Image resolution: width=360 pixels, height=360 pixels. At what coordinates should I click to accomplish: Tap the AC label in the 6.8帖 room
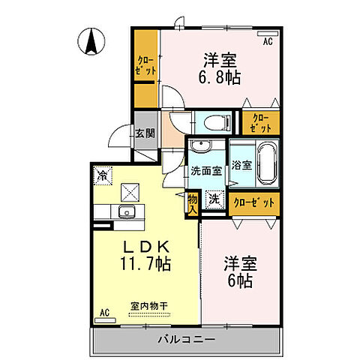coord(266,43)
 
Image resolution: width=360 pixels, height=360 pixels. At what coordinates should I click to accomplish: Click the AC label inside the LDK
coord(105,311)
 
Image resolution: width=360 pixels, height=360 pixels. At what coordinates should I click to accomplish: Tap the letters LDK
coord(144,246)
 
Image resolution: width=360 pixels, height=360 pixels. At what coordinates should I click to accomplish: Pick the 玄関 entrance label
coord(145,133)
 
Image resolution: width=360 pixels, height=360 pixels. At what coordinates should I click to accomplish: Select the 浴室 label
coord(241,164)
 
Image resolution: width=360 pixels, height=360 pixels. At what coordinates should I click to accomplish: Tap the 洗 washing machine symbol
coord(213,200)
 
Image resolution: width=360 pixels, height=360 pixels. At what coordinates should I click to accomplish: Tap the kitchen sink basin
coord(125,211)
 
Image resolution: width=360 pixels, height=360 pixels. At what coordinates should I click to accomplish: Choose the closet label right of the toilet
coord(259,121)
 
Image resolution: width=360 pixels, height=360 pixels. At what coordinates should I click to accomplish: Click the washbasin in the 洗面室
coord(200,146)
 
